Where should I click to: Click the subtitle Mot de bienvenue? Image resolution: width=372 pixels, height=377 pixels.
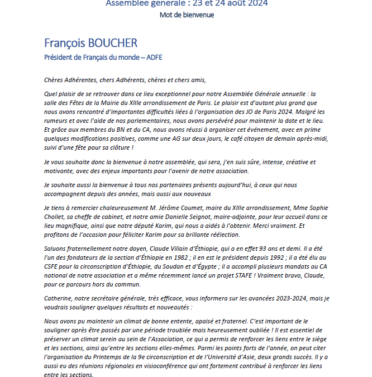coord(186,15)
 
